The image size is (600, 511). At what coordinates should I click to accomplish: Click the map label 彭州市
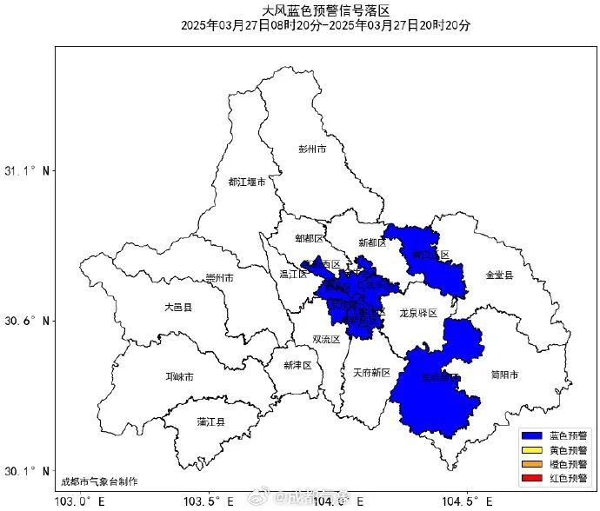(x=311, y=149)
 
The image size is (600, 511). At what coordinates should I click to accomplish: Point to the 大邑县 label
(x=177, y=308)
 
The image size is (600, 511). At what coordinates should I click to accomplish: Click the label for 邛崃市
(x=180, y=377)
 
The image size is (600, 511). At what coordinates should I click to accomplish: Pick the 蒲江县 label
(x=211, y=422)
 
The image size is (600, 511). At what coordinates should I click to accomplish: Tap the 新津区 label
(x=297, y=366)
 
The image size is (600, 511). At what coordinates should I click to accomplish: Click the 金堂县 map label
(x=499, y=275)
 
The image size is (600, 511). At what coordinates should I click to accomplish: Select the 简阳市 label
(x=503, y=375)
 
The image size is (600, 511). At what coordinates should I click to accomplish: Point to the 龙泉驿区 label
(x=417, y=311)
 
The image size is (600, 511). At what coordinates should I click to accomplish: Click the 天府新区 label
(x=371, y=373)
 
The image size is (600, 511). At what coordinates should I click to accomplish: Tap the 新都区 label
(x=373, y=242)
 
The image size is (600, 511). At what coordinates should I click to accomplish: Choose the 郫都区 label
(x=309, y=238)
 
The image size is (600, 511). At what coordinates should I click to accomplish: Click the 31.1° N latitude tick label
(x=28, y=171)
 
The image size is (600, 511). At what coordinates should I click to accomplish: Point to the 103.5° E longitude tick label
(x=209, y=501)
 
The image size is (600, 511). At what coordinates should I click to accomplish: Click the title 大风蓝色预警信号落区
(x=326, y=10)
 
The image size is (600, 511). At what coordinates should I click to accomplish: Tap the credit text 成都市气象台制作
(x=99, y=481)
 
